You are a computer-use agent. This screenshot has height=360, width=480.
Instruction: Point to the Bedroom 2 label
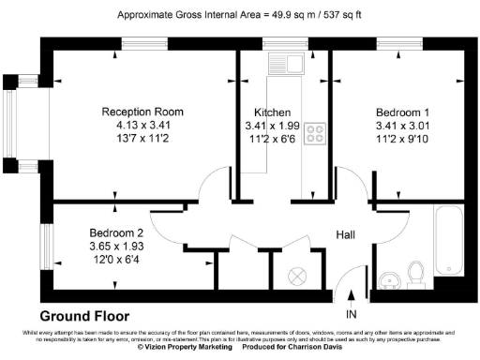[116, 232]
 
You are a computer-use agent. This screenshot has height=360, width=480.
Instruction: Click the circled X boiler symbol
[297, 276]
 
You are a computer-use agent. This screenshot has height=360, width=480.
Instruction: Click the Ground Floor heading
[84, 316]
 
